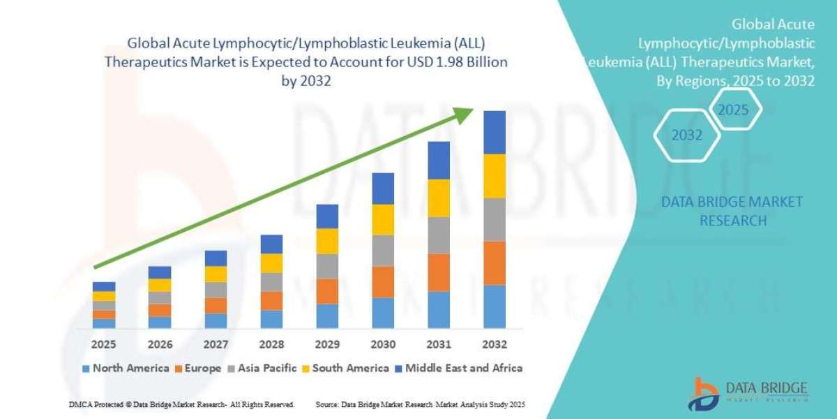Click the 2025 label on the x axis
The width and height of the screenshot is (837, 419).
(104, 344)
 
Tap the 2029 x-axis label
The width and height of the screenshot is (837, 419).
(327, 344)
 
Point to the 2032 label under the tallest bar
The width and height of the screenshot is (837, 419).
(494, 344)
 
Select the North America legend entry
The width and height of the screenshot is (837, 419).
(125, 368)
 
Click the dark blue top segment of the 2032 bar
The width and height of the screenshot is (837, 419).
(494, 132)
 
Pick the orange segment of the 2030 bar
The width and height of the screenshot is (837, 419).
(383, 281)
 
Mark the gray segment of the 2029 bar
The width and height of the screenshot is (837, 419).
(327, 266)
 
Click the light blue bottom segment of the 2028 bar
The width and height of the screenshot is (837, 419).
(271, 319)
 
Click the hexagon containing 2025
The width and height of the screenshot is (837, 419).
(732, 110)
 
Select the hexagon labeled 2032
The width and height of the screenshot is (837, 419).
(686, 135)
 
